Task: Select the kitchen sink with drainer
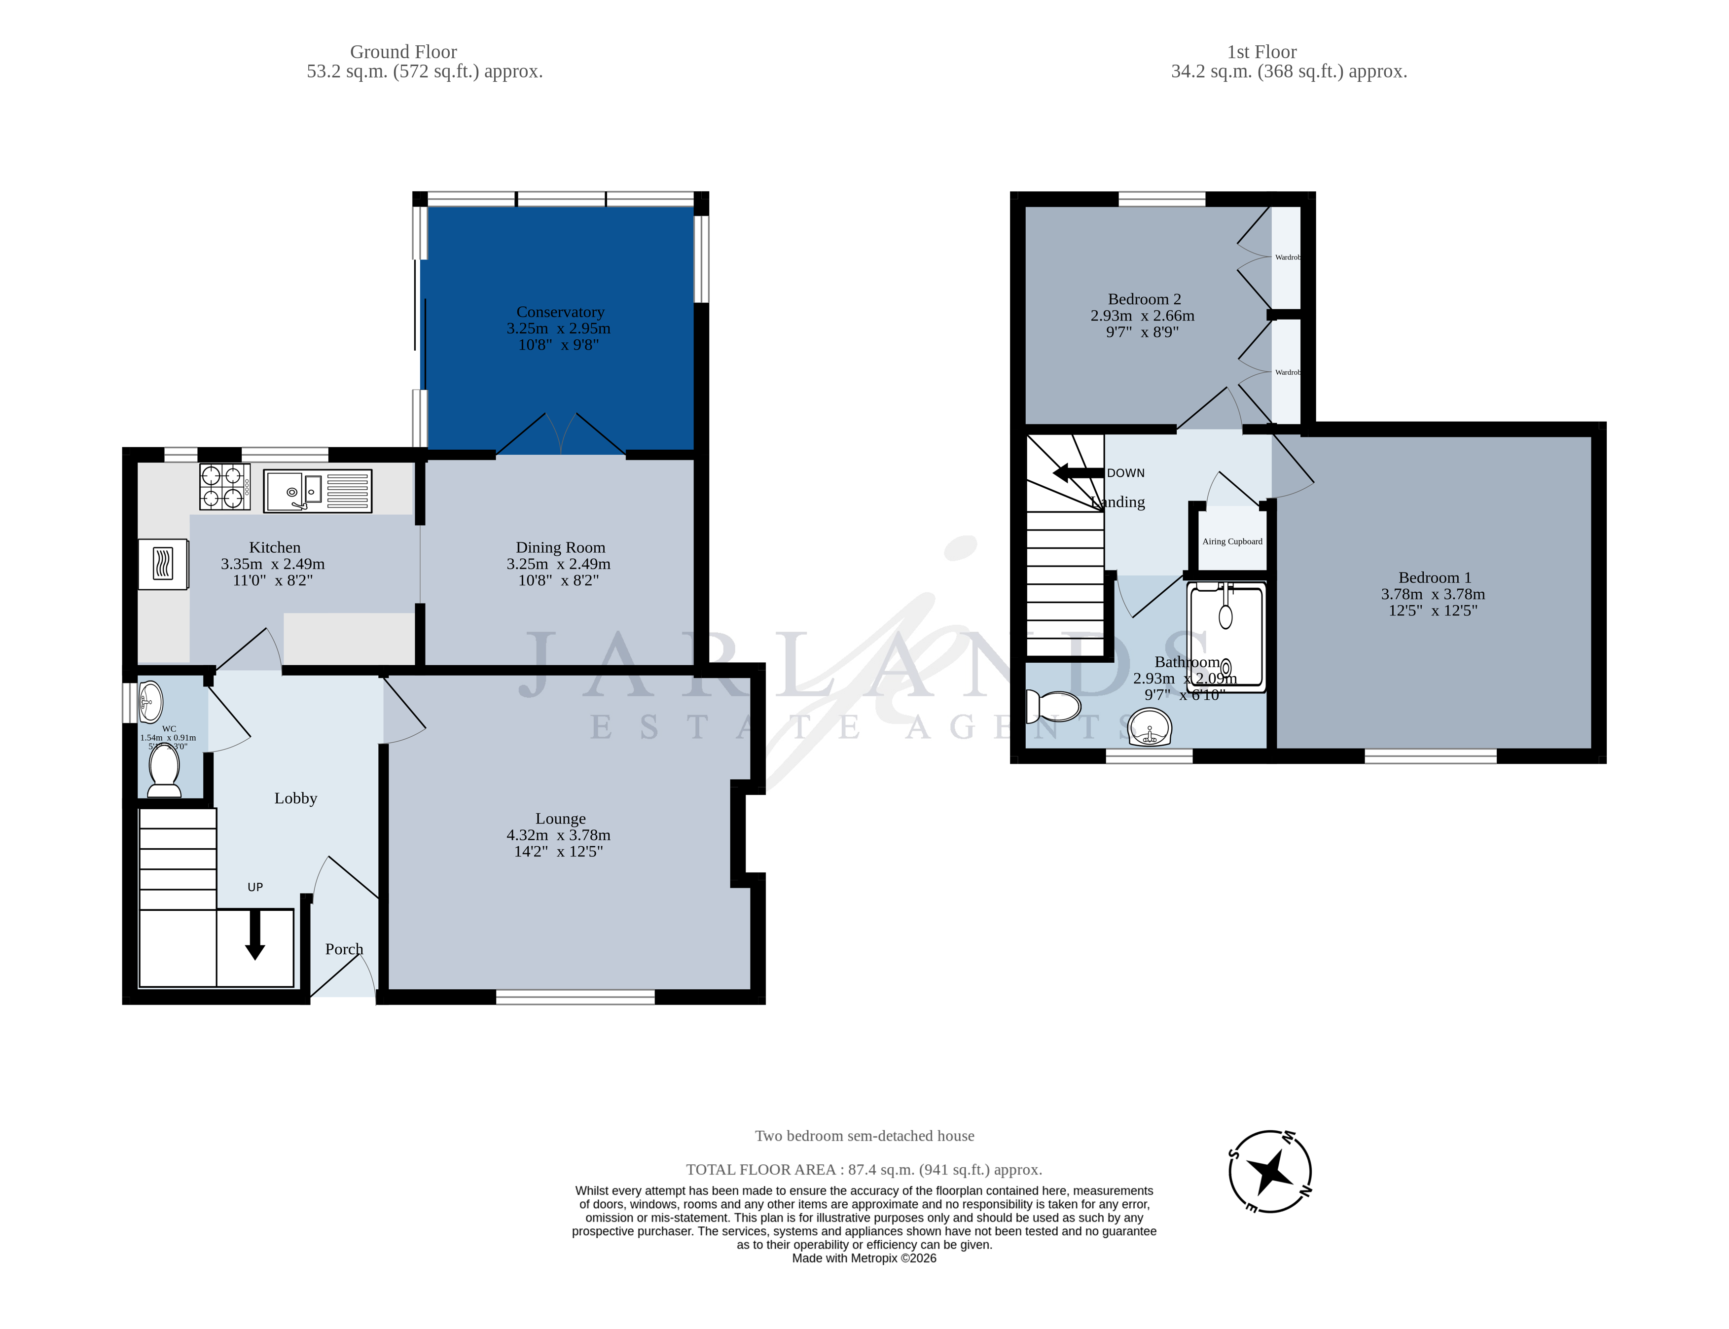[x=317, y=491]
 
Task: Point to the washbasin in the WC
[x=149, y=700]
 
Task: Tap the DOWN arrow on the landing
[x=1077, y=473]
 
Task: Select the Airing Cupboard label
[x=1231, y=542]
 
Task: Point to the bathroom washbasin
[x=1149, y=727]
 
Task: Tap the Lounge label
[x=560, y=819]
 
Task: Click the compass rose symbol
[x=1269, y=1171]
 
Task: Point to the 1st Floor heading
[x=1261, y=52]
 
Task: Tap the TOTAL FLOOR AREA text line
[x=864, y=1169]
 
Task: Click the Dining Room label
[x=560, y=547]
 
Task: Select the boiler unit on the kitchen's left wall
[x=163, y=564]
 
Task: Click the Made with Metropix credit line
[x=864, y=1258]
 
